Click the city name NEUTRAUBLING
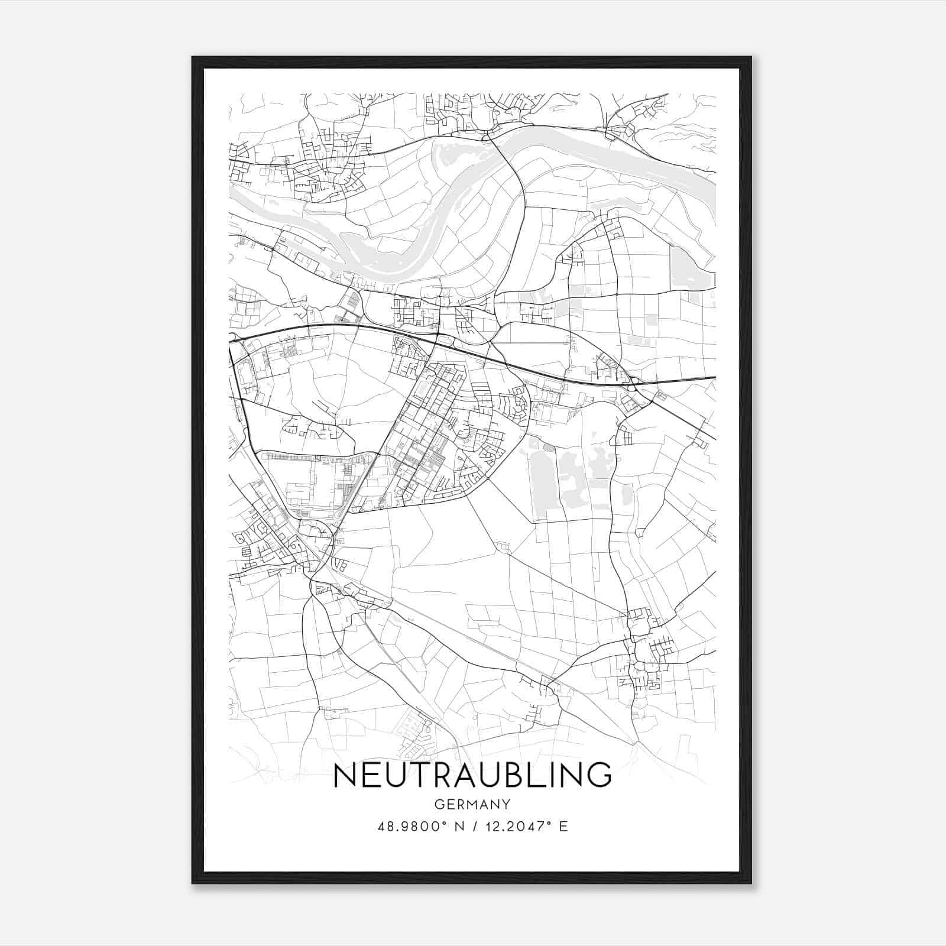coord(472,775)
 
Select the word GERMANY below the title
coord(472,804)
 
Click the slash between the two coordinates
coord(473,827)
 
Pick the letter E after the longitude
coord(563,827)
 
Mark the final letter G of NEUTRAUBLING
coord(598,775)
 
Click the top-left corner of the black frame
coord(193,57)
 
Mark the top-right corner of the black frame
coord(751,57)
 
